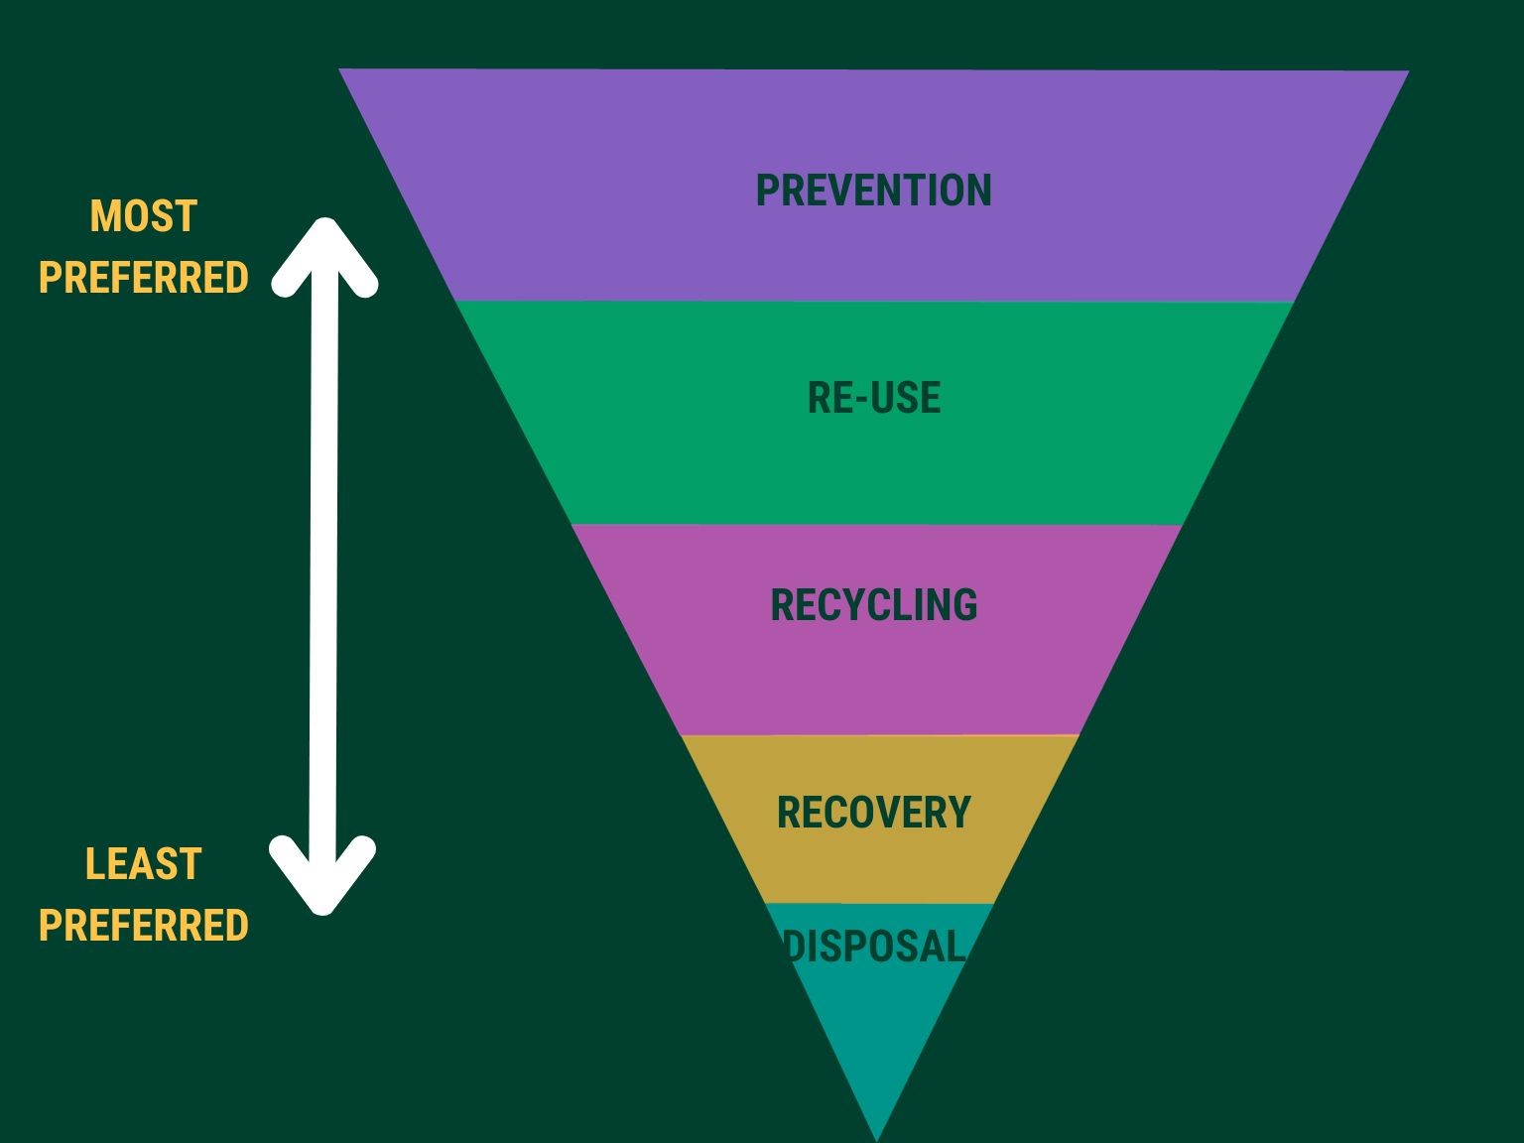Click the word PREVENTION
click(873, 190)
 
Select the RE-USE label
click(873, 398)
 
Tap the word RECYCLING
click(873, 605)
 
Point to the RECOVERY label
click(873, 813)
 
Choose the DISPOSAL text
click(873, 946)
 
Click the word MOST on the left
click(144, 217)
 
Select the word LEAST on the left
click(144, 864)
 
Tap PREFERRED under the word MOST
click(144, 278)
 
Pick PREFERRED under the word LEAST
click(144, 925)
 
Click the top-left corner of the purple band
click(341, 70)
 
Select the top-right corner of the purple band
click(1407, 72)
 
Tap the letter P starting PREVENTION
click(768, 190)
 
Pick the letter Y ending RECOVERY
click(958, 813)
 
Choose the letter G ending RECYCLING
click(964, 605)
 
